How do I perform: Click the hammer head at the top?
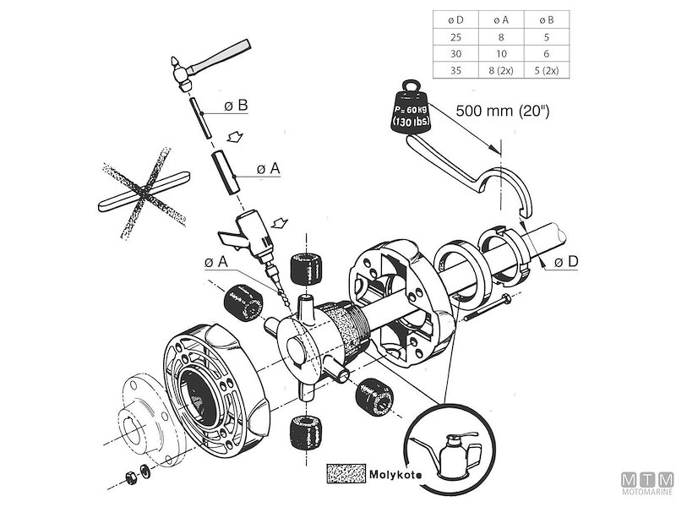[180, 71]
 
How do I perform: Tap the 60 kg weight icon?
[408, 111]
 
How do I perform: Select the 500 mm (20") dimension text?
[502, 111]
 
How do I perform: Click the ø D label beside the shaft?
[567, 263]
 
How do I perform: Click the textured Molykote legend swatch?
[345, 472]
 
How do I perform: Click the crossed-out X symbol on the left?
[142, 193]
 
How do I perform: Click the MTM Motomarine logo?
[646, 483]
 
